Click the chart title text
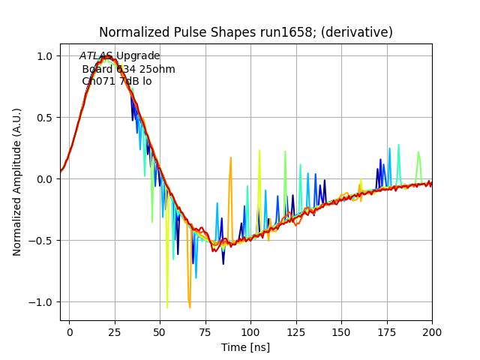tap(246, 32)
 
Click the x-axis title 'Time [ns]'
tap(246, 347)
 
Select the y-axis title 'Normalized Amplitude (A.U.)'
tap(17, 182)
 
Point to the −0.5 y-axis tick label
tap(43, 241)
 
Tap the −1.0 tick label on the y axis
tap(43, 302)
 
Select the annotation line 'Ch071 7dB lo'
tap(116, 81)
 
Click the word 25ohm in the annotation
tap(157, 69)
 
